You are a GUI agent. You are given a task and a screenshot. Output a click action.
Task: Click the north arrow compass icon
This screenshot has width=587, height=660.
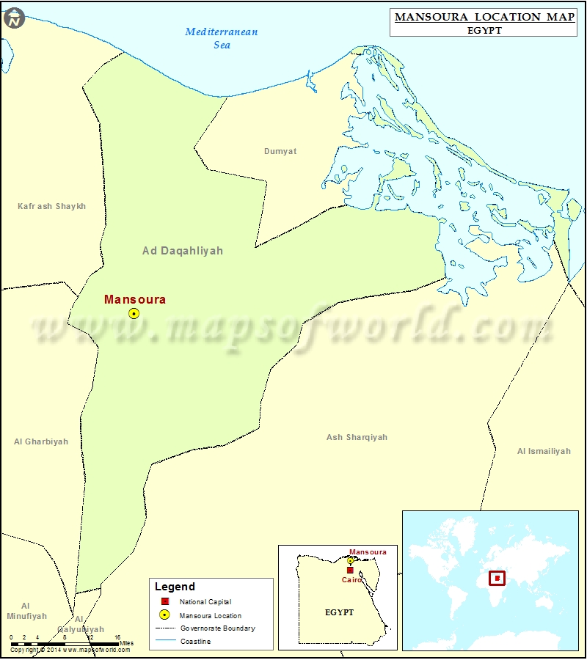14,19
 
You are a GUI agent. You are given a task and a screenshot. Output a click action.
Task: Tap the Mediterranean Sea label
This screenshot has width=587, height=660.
222,38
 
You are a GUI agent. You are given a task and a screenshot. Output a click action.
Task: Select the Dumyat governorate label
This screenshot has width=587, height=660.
280,151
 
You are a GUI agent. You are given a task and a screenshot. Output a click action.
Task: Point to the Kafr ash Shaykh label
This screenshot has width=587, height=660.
51,206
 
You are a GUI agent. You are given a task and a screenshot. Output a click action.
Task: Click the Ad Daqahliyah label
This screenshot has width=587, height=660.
183,251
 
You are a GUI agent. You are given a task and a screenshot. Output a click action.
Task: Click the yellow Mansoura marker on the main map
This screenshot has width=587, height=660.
134,313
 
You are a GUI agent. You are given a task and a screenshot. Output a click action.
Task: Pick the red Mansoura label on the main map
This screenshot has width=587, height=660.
135,299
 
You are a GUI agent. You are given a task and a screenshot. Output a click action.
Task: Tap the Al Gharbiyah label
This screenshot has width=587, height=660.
41,441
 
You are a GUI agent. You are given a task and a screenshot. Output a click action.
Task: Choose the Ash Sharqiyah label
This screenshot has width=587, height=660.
357,437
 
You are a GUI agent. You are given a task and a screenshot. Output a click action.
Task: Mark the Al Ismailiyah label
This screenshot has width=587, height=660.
544,451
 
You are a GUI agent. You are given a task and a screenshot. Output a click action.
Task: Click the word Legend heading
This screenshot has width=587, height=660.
175,587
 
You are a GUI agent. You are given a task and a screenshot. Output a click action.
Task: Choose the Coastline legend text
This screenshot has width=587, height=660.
195,642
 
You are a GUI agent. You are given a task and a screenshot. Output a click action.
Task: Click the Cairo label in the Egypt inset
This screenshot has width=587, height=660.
351,579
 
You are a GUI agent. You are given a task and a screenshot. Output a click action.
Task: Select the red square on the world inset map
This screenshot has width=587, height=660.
497,579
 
